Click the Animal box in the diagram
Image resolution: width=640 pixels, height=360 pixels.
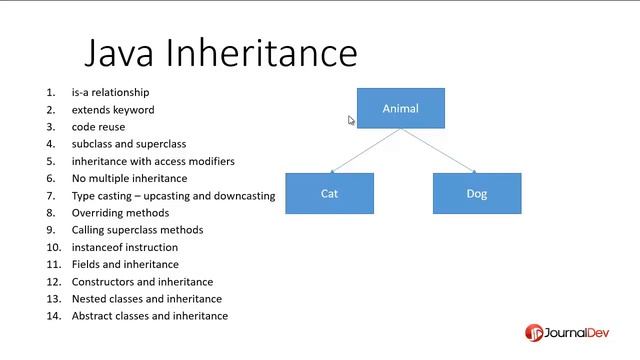tap(400, 108)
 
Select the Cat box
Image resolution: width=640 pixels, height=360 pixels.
tap(329, 193)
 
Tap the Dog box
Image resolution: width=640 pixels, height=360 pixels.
tap(476, 193)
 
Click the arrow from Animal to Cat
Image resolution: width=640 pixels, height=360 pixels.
tap(365, 150)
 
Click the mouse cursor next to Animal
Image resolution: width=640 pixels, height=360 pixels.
tap(351, 120)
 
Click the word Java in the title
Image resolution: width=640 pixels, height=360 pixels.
tap(120, 52)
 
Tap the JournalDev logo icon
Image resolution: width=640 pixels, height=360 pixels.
tap(535, 332)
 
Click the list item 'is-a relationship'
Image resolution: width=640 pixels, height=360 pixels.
tap(110, 93)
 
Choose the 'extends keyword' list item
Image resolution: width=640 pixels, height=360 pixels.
tap(113, 110)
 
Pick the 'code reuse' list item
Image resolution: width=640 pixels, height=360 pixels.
tap(98, 127)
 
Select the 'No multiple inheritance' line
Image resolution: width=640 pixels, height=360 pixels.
tap(129, 178)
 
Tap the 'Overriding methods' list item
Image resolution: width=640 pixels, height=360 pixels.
tap(120, 213)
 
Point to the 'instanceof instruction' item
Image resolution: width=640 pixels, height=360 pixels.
tap(125, 247)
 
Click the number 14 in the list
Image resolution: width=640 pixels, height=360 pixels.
tap(52, 316)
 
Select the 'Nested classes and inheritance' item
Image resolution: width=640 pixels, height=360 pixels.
tap(147, 299)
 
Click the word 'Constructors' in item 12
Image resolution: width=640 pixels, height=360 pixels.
tap(103, 282)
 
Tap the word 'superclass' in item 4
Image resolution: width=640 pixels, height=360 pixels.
tap(162, 144)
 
